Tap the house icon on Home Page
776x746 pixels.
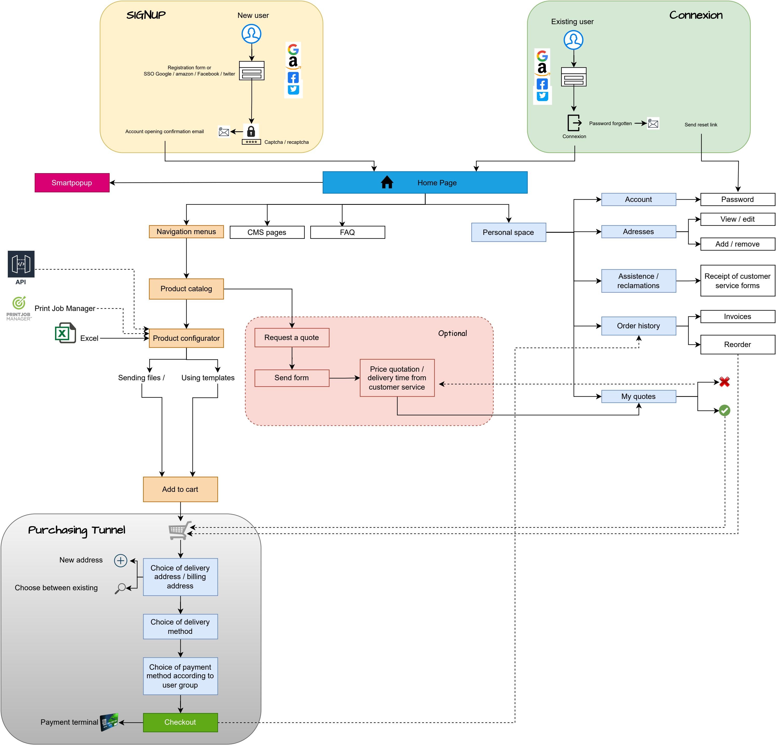click(387, 182)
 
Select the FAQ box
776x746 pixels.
click(347, 232)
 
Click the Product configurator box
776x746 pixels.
click(186, 338)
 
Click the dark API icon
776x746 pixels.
click(21, 264)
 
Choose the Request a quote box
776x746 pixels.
click(292, 337)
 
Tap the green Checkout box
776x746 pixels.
click(180, 722)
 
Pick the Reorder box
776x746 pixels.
click(737, 344)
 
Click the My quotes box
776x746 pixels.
click(638, 396)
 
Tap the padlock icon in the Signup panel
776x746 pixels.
click(251, 131)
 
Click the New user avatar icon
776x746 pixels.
click(251, 34)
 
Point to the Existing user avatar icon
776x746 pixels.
click(573, 40)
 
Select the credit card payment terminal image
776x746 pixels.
click(109, 722)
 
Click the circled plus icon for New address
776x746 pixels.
click(120, 560)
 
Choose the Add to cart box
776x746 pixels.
click(180, 489)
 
